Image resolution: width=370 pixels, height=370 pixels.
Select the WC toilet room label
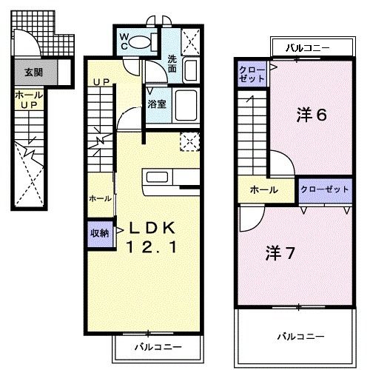(124, 40)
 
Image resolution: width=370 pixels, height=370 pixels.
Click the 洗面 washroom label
(172, 64)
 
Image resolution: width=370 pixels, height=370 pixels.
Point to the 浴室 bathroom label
(156, 104)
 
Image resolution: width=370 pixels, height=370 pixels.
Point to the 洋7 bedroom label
(281, 252)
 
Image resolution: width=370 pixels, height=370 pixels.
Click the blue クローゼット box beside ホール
(325, 189)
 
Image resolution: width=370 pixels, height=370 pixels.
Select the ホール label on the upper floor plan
(263, 190)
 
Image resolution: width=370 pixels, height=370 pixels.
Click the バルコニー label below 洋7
(300, 336)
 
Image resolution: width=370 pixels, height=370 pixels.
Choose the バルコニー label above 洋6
(309, 47)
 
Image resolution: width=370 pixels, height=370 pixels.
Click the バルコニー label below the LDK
(156, 346)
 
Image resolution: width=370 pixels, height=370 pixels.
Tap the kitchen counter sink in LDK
(157, 177)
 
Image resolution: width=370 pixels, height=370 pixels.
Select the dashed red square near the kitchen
(189, 141)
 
